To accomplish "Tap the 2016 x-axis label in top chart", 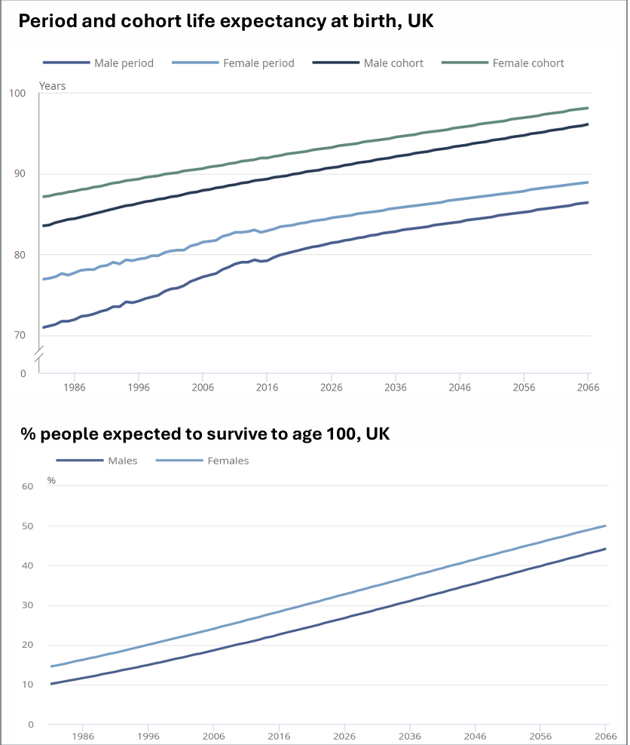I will [267, 388].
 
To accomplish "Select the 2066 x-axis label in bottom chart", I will [606, 737].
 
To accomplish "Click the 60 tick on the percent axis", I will [28, 486].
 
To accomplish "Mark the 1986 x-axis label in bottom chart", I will [83, 737].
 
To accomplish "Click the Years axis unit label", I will [52, 86].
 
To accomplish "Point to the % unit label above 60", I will [51, 480].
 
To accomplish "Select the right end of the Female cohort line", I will [588, 108].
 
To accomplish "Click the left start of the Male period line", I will [44, 327].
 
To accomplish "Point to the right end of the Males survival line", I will [605, 549].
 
